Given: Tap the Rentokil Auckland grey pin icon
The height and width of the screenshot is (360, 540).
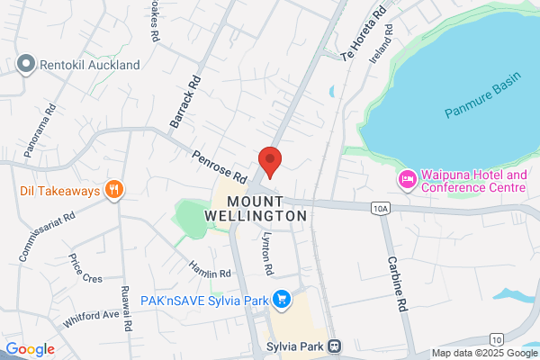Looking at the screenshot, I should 25,65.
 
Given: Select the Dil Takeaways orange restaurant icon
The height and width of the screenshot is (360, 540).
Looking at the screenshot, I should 113,190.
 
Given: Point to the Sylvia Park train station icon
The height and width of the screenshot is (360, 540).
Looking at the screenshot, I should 335,346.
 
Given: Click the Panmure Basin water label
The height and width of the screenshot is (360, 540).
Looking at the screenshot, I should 482,101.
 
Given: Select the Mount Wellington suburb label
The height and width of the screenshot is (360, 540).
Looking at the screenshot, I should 267,209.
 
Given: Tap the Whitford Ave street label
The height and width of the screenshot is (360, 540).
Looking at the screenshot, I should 91,315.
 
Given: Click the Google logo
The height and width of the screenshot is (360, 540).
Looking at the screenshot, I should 31,349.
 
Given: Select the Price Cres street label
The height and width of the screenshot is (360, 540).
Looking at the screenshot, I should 85,271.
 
